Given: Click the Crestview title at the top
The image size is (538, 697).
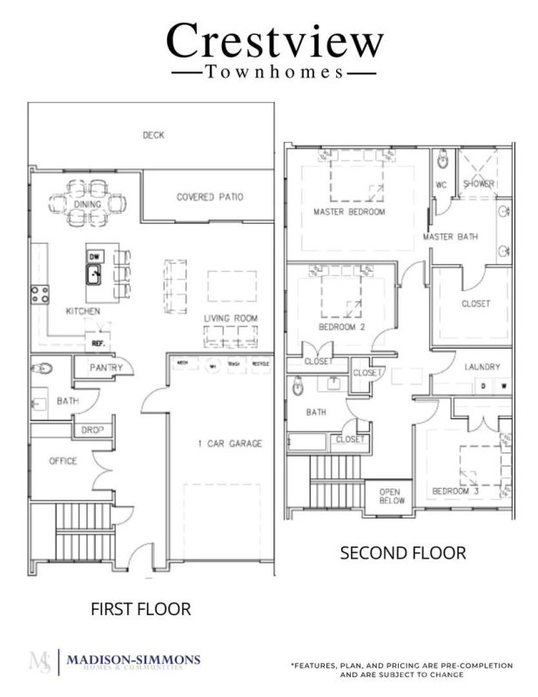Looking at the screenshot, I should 274,40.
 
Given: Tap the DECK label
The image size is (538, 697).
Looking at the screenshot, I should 153,135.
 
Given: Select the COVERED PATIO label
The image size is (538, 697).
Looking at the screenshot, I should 210,197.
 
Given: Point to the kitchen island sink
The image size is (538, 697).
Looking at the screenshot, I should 95,276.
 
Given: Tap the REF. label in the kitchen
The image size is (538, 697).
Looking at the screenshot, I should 98,343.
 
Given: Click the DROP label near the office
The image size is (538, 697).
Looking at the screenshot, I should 93,430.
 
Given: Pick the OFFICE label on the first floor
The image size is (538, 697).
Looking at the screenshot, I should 63,461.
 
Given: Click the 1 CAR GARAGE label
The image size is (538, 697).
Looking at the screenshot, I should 229,443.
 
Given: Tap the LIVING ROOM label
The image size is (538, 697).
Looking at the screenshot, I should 232,318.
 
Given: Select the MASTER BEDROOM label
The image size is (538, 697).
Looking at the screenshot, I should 349,212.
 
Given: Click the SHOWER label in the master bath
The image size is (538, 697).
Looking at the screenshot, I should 479,184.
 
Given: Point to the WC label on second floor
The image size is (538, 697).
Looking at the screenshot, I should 440,184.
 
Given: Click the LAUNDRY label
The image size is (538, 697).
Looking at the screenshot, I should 481,367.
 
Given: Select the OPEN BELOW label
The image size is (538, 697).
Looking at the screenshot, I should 389,497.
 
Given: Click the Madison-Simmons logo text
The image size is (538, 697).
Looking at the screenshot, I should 133,660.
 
